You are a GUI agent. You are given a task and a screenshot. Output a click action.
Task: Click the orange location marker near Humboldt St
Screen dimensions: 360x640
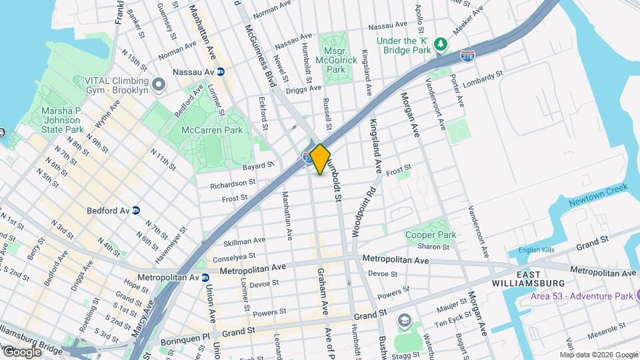(320, 159)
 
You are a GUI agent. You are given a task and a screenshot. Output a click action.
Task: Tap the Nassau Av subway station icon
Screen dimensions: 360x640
(220, 71)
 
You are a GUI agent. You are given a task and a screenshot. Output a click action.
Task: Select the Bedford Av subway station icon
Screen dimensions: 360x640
(136, 210)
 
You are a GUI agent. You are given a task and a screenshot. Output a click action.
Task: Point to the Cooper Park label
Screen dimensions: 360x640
(431, 235)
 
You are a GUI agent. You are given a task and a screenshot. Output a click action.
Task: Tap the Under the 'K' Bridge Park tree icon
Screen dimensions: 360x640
(440, 45)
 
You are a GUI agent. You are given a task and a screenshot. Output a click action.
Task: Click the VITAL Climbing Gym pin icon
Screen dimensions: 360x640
(159, 85)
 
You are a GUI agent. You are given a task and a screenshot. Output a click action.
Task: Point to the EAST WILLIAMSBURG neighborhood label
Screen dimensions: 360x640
(539, 279)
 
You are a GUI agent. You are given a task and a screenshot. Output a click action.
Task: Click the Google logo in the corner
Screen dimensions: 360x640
(22, 352)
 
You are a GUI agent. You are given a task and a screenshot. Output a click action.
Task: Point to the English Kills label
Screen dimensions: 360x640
(537, 251)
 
